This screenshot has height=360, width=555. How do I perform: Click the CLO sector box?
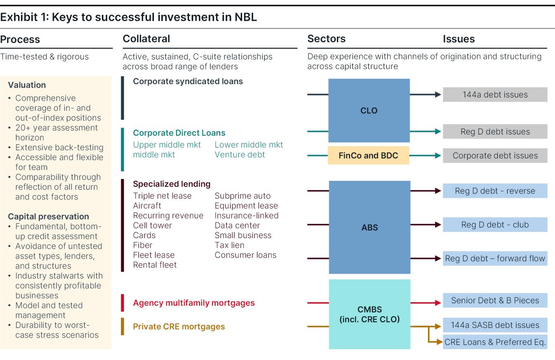[x=369, y=111]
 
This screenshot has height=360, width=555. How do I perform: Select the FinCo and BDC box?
[x=369, y=156]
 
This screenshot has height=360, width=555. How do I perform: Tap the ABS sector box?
[x=369, y=227]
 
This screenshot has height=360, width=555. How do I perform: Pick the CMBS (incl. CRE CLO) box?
[x=369, y=314]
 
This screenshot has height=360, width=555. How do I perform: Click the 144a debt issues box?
[x=495, y=95]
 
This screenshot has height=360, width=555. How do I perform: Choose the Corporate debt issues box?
[x=495, y=156]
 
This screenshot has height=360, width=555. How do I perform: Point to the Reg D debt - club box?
[x=495, y=225]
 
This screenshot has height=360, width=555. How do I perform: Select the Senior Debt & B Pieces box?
[x=495, y=300]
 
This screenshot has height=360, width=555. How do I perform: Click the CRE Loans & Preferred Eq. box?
[x=495, y=342]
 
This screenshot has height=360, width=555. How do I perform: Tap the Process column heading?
[x=20, y=39]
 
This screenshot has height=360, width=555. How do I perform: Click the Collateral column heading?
[x=146, y=39]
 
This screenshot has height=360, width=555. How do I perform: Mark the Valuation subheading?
[x=27, y=85]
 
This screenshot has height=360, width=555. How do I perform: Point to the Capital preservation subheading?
[x=48, y=216]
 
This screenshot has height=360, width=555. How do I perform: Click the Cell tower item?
[x=152, y=226]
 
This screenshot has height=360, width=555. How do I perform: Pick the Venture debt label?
[x=240, y=155]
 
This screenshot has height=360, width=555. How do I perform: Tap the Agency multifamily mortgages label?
[x=194, y=303]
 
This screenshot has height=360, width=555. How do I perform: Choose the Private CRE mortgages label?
[x=179, y=327]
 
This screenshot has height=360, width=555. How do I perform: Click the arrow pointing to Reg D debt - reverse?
[x=426, y=190]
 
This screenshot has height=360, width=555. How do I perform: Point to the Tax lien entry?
[x=229, y=245]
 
